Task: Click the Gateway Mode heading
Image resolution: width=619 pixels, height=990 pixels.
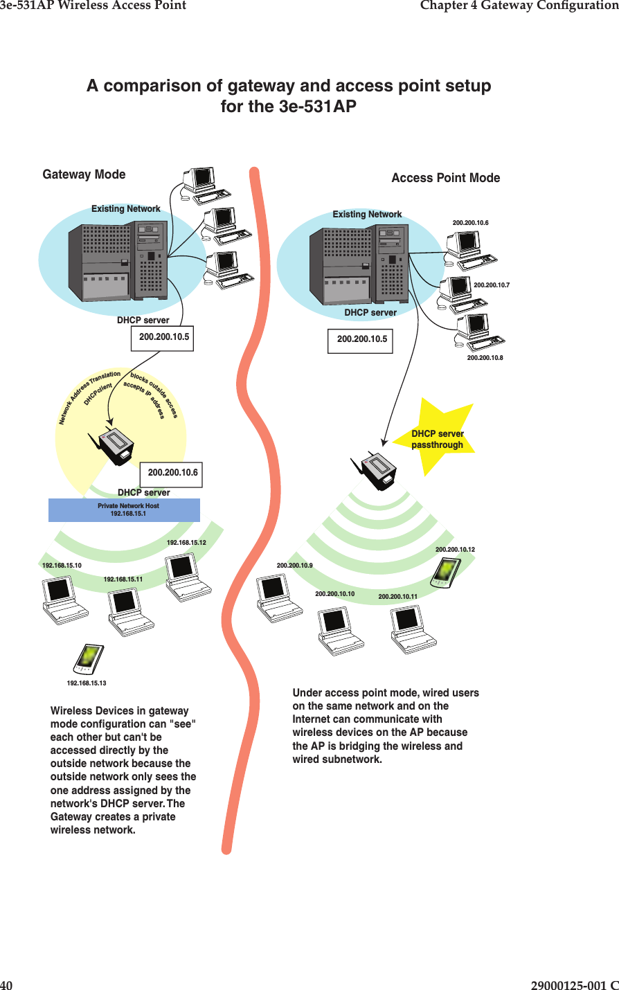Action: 84,174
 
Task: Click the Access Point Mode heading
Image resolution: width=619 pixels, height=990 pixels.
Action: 445,178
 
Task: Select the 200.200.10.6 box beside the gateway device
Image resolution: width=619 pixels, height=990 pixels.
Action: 172,473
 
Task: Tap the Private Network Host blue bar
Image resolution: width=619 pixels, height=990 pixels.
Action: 125,510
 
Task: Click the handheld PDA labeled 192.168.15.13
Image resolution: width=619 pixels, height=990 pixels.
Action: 89,658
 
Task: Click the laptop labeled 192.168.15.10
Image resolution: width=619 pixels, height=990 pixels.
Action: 64,599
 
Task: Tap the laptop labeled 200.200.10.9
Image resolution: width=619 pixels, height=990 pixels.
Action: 278,597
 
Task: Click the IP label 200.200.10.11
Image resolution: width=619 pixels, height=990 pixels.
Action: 397,596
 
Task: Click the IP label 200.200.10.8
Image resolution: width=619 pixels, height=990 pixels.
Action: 485,358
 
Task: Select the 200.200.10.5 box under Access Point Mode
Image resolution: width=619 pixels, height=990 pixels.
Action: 361,340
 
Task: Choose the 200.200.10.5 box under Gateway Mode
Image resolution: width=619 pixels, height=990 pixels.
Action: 163,338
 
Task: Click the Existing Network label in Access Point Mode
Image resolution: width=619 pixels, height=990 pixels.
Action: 367,215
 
